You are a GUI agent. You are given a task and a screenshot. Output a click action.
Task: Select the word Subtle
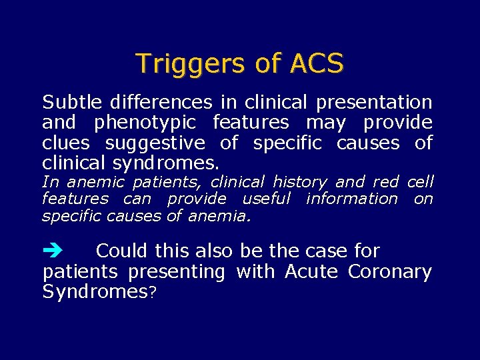coord(72,103)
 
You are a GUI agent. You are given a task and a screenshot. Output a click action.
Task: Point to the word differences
coord(161,103)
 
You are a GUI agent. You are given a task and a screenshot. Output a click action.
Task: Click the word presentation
coord(374,103)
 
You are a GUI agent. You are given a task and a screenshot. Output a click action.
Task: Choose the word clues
coord(66,143)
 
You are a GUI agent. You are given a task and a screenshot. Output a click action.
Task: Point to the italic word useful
coord(266,198)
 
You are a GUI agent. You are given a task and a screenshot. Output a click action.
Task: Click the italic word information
coord(351,198)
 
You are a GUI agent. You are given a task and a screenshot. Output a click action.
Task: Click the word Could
coord(122,251)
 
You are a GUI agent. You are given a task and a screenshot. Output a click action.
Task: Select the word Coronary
coord(390,272)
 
